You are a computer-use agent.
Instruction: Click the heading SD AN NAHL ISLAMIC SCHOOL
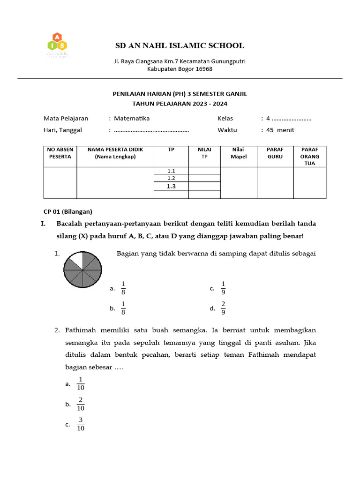180,45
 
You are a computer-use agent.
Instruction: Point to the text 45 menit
280,130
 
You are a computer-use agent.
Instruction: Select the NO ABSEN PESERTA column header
60,153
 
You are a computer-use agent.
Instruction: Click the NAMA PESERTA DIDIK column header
115,153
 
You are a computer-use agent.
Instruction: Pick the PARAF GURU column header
275,153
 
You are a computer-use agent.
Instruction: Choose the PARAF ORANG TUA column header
309,156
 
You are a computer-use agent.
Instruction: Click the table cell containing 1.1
171,171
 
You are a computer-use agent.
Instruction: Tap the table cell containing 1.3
171,186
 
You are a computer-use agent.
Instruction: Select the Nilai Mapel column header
238,153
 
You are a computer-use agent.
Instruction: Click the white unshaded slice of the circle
75,260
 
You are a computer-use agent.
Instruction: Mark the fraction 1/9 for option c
223,288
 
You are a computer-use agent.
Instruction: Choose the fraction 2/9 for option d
223,308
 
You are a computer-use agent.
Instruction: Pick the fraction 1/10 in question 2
81,383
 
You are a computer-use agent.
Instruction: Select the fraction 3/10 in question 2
81,424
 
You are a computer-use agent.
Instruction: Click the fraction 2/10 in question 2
81,404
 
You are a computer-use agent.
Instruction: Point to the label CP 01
52,211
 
